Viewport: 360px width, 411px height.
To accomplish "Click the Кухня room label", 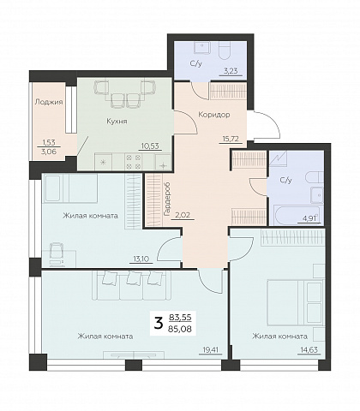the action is coord(117,122).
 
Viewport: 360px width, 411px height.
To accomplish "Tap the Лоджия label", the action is coord(49,102).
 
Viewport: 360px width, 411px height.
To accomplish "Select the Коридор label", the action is coord(214,115).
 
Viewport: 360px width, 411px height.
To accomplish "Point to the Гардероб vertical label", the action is coord(166,200).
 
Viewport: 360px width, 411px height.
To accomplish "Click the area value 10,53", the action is coord(150,146).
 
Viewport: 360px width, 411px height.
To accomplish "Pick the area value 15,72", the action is coord(231,139).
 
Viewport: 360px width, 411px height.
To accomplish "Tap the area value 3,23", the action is coord(231,71).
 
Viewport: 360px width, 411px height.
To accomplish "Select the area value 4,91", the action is coord(311,218).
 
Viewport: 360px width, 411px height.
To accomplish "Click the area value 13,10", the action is coord(141,259).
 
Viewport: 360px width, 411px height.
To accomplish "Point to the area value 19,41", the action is coord(211,349).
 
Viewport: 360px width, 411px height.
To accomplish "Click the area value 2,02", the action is coord(183,215).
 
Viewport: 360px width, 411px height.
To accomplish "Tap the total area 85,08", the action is coord(180,330).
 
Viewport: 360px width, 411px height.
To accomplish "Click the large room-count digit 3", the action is coord(159,324).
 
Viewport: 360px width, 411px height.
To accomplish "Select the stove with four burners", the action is coord(134,162).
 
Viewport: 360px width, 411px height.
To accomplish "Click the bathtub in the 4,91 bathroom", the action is coord(295,215).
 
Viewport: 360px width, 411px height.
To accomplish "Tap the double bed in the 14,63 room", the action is coord(294,303).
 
